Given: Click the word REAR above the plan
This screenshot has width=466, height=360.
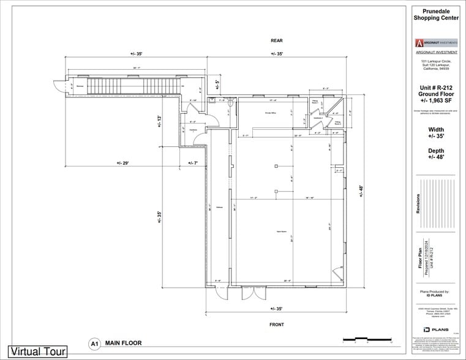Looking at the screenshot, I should pyautogui.click(x=276, y=41).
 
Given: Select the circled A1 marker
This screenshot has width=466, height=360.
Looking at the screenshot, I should pyautogui.click(x=94, y=344).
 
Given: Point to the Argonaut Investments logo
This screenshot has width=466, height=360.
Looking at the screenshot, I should pyautogui.click(x=435, y=43).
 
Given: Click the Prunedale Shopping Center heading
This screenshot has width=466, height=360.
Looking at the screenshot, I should pyautogui.click(x=435, y=14).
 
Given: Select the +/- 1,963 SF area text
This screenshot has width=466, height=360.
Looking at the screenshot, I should pyautogui.click(x=435, y=101).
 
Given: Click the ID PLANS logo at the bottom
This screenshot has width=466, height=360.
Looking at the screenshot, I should pyautogui.click(x=435, y=330).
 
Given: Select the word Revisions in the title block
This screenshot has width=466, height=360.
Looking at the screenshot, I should pyautogui.click(x=418, y=203).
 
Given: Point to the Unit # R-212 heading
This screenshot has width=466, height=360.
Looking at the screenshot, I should pyautogui.click(x=435, y=88).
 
